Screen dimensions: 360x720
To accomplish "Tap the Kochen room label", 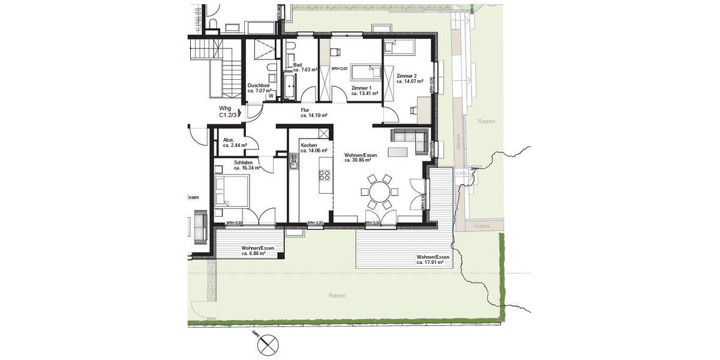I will tap(309, 146).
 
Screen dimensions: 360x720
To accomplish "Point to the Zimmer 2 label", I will tap(406, 76).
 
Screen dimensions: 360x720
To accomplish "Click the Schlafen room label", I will tap(243, 162).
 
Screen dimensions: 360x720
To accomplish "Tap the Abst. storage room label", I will tap(228, 139).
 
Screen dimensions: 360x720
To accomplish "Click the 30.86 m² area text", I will tap(358, 161).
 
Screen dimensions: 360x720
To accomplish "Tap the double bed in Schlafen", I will tap(231, 192).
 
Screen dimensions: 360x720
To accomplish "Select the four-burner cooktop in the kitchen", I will tap(324, 175).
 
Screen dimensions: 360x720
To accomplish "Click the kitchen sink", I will tap(294, 161).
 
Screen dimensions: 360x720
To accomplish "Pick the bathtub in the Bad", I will tap(289, 86).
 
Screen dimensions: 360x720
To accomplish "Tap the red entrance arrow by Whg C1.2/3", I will tap(240, 112).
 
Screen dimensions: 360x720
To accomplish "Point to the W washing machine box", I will tap(271, 95).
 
